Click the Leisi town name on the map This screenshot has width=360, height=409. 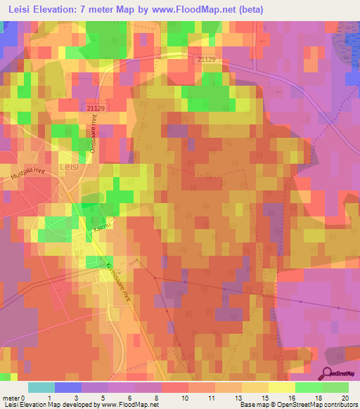point(69,167)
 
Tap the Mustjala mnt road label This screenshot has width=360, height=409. point(27,179)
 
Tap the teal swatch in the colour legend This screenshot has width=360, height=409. point(41,387)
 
